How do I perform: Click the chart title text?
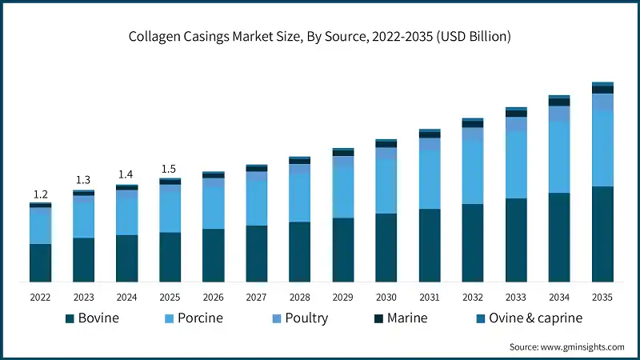coord(321,37)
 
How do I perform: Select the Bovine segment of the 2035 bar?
coord(602,234)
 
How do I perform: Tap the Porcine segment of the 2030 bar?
coord(386,186)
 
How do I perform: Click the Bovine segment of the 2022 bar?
coord(41,262)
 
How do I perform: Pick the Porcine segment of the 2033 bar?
coord(516,164)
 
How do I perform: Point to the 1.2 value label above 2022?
coord(41,194)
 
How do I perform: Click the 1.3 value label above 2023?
coord(84,180)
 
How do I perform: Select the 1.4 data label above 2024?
coord(127,174)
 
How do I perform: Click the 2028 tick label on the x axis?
coord(300,297)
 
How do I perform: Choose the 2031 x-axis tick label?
coord(430,297)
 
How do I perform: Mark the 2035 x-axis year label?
coord(602,297)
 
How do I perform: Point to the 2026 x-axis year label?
coord(214,297)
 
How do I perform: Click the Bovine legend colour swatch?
coord(70,318)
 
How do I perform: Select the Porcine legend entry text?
coord(200,318)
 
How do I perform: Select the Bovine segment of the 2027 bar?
coord(257,253)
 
